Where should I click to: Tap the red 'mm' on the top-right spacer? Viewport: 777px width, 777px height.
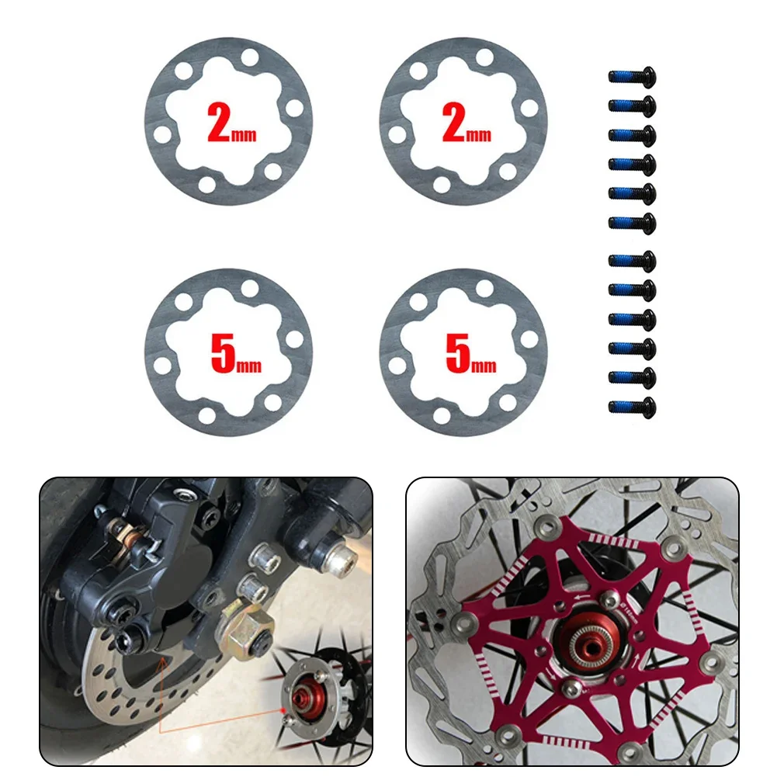[480, 134]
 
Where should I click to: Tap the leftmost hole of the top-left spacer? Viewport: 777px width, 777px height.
[162, 135]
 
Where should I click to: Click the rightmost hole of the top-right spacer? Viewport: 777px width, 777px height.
[529, 108]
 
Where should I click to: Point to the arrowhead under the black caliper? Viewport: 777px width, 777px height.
[161, 661]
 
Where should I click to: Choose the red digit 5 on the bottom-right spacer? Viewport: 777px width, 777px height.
[457, 353]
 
